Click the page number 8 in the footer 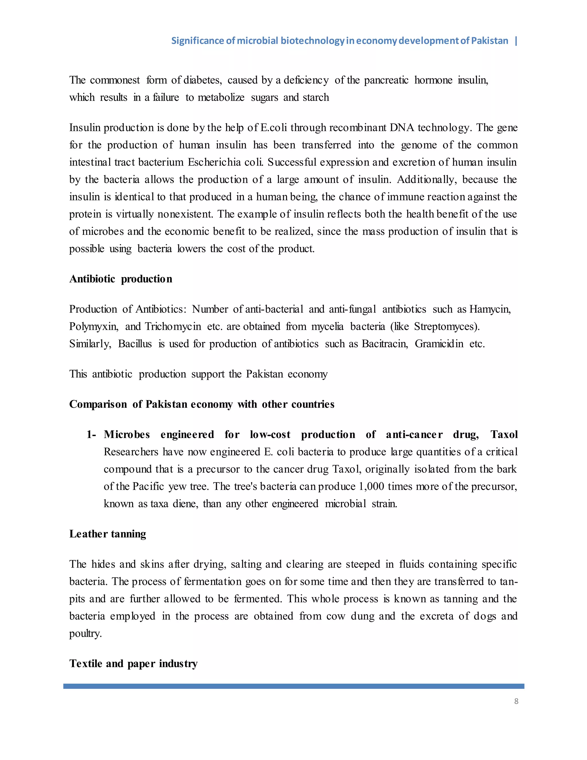pyautogui.click(x=516, y=701)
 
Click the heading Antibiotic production pyautogui.click(x=121, y=279)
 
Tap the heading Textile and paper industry pyautogui.click(x=133, y=664)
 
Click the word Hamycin pyautogui.click(x=490, y=309)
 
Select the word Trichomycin pyautogui.click(x=173, y=327)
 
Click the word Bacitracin pyautogui.click(x=385, y=344)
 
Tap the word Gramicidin pyautogui.click(x=439, y=344)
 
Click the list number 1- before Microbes pyautogui.click(x=91, y=434)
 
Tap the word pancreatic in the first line pyautogui.click(x=386, y=80)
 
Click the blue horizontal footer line pyautogui.click(x=293, y=686)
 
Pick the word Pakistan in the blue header pyautogui.click(x=489, y=41)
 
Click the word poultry pyautogui.click(x=85, y=634)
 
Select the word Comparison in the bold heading pyautogui.click(x=98, y=404)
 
